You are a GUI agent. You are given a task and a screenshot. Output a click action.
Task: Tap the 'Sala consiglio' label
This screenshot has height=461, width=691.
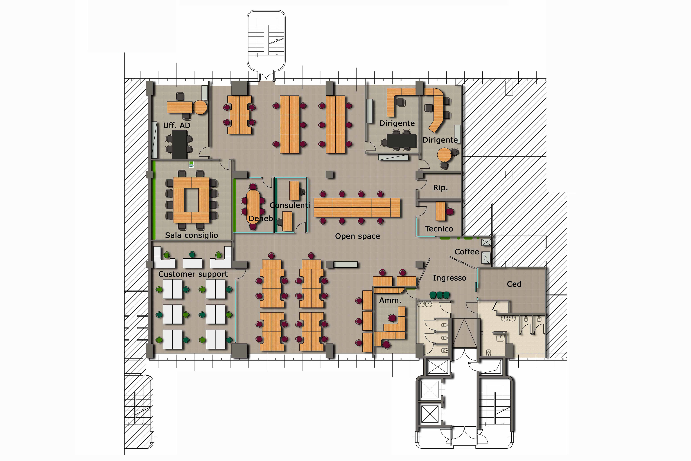click(x=191, y=235)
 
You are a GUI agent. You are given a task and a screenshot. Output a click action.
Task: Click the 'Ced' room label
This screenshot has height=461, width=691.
click(x=514, y=284)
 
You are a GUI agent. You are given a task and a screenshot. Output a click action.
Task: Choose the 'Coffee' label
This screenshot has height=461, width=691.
click(x=467, y=252)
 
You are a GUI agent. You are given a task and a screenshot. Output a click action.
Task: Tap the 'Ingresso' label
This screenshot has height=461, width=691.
click(x=450, y=278)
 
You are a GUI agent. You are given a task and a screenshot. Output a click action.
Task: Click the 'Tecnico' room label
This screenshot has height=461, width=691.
click(x=439, y=229)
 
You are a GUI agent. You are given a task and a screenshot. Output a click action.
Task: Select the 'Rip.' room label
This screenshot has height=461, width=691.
click(x=440, y=188)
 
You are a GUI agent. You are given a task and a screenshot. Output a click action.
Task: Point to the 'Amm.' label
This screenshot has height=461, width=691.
click(x=390, y=300)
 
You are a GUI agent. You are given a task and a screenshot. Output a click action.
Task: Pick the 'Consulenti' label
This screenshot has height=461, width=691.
click(x=290, y=205)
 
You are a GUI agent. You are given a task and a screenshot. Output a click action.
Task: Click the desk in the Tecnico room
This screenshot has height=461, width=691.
click(x=440, y=211)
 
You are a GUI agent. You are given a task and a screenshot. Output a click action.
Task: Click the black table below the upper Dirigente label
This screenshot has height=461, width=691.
click(x=401, y=140)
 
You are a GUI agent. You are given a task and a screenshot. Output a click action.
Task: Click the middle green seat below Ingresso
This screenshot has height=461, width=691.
click(x=439, y=295)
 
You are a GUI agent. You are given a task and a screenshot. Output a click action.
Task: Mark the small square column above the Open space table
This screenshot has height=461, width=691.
click(x=330, y=174)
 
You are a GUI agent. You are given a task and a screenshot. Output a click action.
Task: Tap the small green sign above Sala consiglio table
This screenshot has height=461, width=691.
click(x=191, y=164)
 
